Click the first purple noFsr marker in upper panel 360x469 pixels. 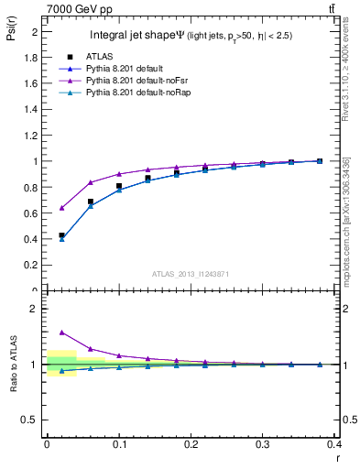[61, 208]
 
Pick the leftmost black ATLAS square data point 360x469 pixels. [61, 235]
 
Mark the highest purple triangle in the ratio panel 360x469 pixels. [61, 333]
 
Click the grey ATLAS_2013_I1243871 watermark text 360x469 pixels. [190, 274]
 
